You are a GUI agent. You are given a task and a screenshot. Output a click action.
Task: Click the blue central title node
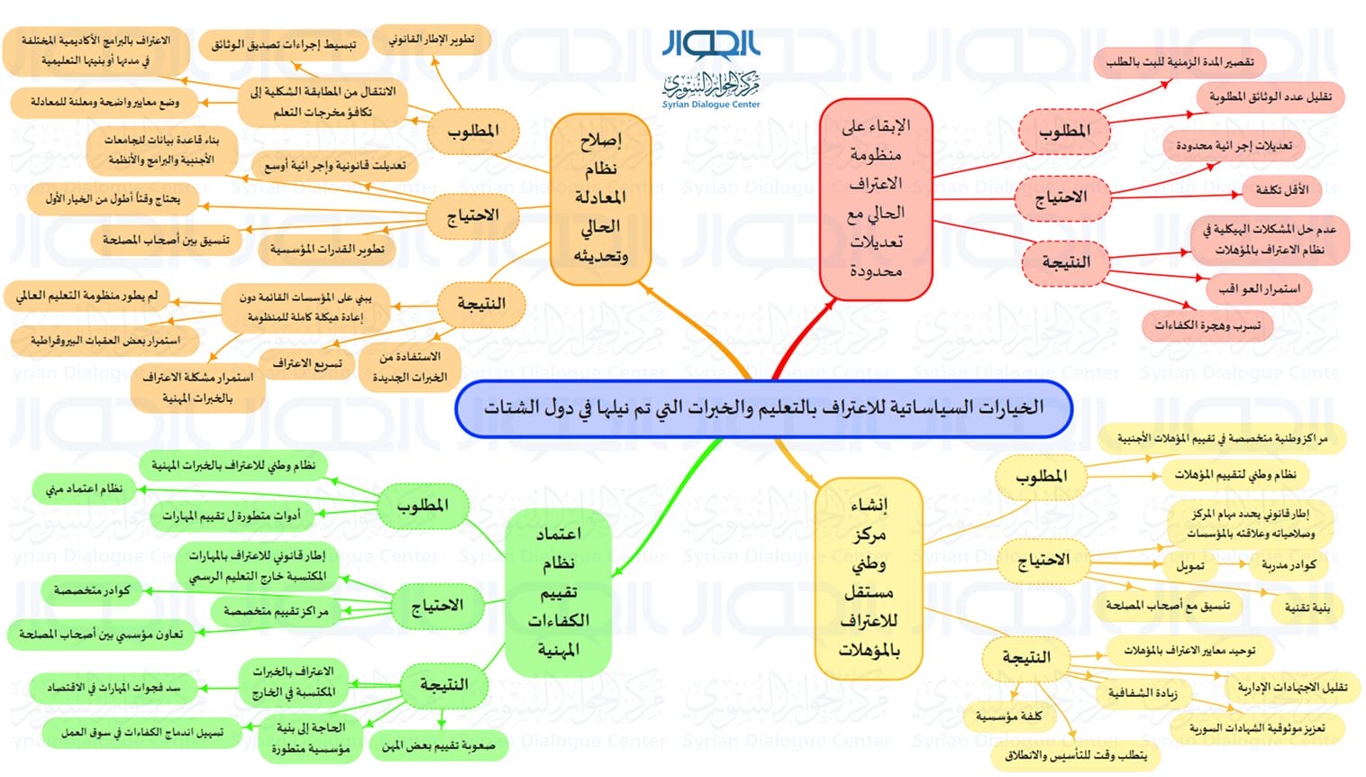coord(763,408)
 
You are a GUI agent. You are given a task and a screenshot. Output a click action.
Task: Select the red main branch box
coord(876,199)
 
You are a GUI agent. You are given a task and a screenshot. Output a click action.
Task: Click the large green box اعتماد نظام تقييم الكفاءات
coord(558,592)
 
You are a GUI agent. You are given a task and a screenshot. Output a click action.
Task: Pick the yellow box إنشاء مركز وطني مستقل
coord(869,578)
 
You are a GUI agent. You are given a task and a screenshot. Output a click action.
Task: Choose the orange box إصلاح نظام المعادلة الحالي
coord(601,199)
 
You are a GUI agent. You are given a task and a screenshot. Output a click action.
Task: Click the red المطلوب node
coord(1064,131)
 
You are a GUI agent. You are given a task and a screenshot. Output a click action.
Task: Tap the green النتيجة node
coord(444,686)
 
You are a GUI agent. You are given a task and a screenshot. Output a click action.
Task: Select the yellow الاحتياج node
coord(1043,561)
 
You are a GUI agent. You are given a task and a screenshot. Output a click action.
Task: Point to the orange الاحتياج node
coord(473,216)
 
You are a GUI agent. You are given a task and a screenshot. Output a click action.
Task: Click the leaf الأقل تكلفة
coord(1282,190)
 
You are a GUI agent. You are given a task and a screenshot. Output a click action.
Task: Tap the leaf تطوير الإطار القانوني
coord(432,40)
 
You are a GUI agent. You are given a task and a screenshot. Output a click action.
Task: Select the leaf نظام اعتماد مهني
coord(84,489)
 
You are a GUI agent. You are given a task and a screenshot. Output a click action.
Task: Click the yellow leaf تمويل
coord(1190,567)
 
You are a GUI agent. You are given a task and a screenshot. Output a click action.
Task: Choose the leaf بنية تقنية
coord(1307,608)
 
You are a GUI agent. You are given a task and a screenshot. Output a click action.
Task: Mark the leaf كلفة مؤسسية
coord(1008,717)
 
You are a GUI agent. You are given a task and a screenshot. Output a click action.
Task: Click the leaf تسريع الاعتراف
coord(307,364)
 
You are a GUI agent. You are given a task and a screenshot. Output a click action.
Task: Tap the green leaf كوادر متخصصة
coord(92,590)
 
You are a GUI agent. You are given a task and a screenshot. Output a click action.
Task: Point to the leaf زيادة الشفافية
coord(1143,693)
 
